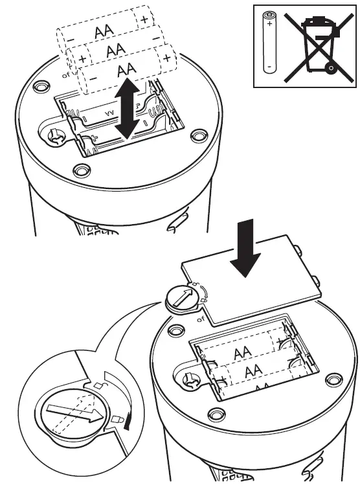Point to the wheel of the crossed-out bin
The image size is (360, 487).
(330, 67)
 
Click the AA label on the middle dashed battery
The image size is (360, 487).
(117, 50)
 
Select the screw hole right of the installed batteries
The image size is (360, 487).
(333, 379)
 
